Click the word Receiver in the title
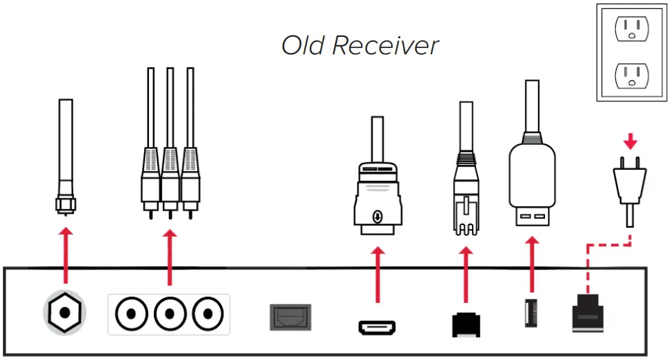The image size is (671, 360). click(x=385, y=46)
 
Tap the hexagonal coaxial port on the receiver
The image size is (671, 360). click(x=64, y=311)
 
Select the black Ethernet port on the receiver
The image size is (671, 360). click(x=466, y=324)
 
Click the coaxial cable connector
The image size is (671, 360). click(x=65, y=203)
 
